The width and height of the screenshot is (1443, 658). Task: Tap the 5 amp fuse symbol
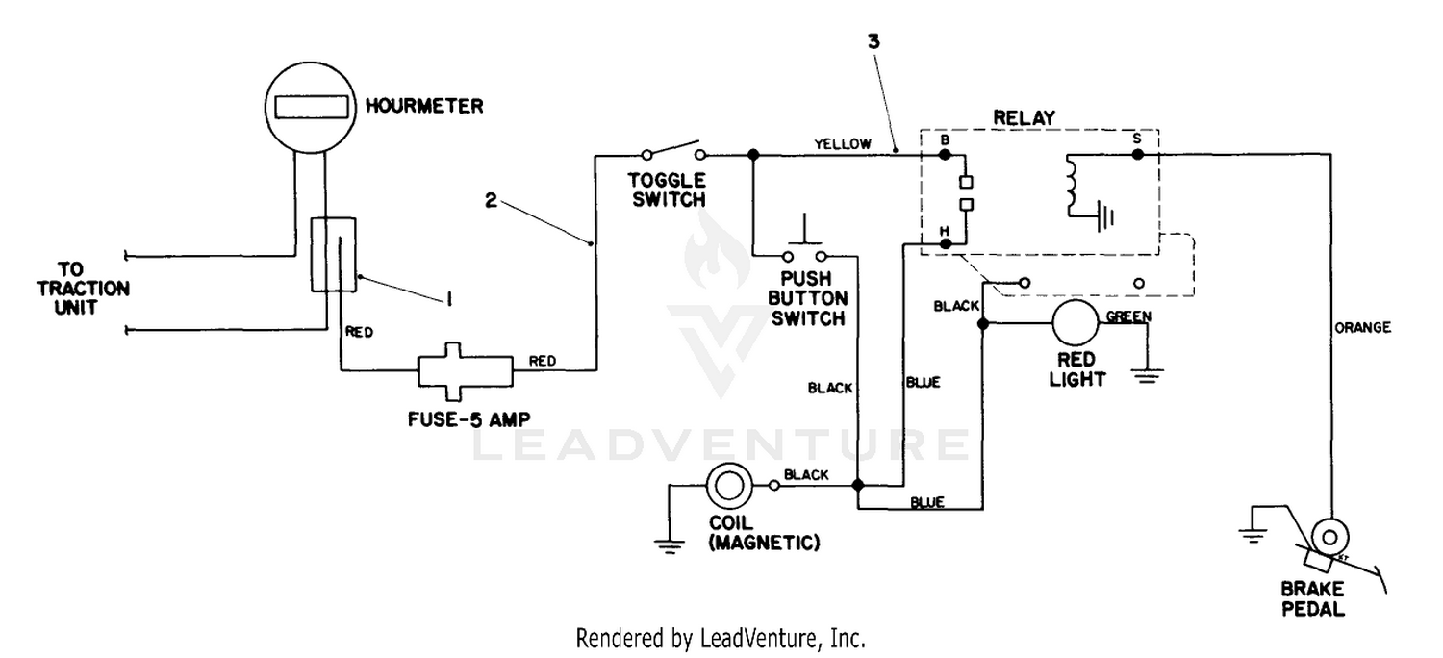(x=465, y=372)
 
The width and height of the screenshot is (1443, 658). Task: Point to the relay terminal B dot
(x=945, y=155)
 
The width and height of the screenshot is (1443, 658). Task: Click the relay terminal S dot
(x=1138, y=155)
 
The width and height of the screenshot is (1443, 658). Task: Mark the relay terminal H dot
(x=945, y=244)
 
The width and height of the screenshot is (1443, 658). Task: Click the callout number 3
(x=873, y=42)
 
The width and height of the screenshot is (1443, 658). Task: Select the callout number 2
(x=491, y=201)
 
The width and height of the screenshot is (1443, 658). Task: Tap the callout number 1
(x=449, y=298)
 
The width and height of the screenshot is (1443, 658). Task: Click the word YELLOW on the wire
(x=843, y=144)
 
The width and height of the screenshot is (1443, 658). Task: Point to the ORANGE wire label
(x=1362, y=328)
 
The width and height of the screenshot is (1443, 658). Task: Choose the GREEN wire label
(x=1128, y=316)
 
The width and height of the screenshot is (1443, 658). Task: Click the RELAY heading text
(x=1025, y=118)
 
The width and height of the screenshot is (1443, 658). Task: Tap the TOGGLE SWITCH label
(x=668, y=190)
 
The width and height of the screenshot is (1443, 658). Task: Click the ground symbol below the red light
(x=1147, y=376)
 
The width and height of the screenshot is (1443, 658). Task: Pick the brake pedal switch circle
(x=1329, y=537)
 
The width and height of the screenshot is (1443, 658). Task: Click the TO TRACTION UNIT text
(x=83, y=289)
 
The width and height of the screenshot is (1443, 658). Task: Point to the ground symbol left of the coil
(x=670, y=546)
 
